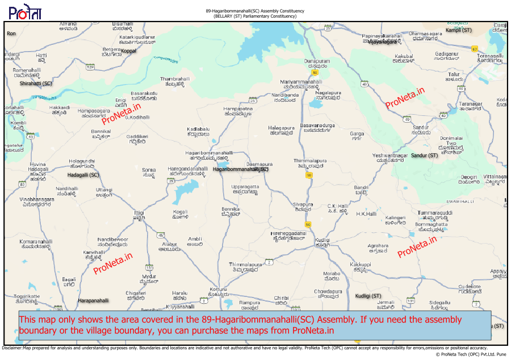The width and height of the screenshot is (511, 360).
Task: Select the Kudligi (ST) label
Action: tap(368, 296)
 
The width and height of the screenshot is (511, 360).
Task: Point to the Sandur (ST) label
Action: tap(424, 155)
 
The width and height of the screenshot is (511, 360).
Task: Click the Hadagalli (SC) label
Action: tap(79, 175)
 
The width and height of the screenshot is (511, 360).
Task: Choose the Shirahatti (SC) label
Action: tap(36, 83)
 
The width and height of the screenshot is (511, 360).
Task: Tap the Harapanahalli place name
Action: tap(93, 300)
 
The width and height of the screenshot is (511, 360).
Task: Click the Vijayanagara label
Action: tap(382, 42)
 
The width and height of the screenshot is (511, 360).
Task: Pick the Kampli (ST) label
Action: tap(459, 30)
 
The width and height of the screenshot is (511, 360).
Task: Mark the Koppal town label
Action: tap(129, 51)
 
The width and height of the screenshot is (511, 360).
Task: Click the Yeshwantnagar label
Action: tap(390, 155)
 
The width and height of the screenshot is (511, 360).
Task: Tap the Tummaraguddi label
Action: tap(435, 213)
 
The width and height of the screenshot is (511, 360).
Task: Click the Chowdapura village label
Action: tap(328, 291)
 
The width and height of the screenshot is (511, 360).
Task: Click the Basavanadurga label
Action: tap(317, 125)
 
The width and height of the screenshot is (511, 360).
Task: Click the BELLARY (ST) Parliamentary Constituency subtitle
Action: tap(255, 16)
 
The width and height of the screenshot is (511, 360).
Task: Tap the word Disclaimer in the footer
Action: tap(12, 348)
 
